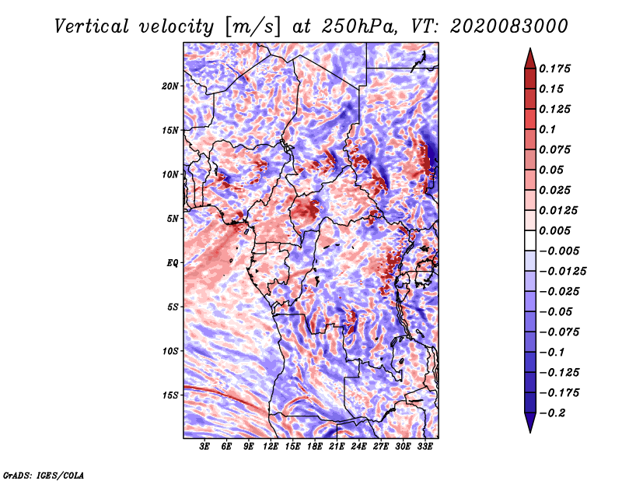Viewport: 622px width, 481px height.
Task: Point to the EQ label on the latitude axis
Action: pos(173,262)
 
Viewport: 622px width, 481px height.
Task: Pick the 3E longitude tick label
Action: pos(205,447)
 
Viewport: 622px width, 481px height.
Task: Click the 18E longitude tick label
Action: pos(315,447)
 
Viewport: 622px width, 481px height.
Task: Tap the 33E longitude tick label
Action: pos(425,447)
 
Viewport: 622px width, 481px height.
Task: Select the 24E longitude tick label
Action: pos(358,447)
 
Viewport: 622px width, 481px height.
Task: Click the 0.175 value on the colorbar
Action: pos(556,68)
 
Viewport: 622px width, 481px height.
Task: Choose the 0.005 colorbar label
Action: pos(556,230)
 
